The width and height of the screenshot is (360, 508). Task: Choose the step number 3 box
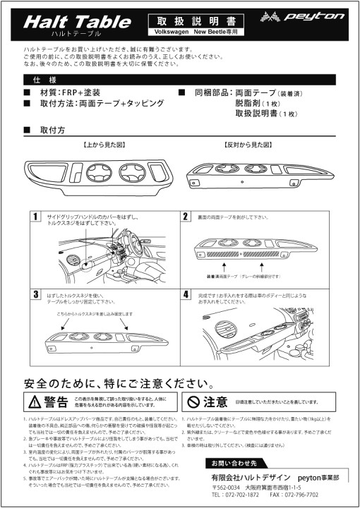coord(35,294)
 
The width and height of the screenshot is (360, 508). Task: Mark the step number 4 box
coord(186,294)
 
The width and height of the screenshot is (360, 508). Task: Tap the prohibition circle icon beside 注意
coord(193,402)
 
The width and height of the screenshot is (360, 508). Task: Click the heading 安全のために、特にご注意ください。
coord(118,385)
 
